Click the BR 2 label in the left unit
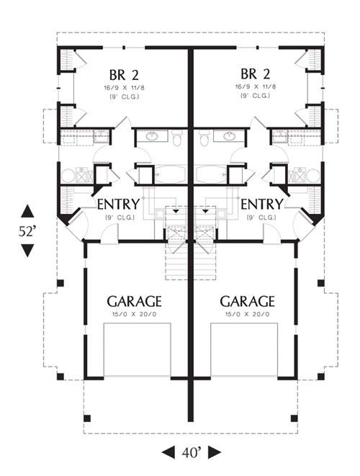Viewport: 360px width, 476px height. point(124,75)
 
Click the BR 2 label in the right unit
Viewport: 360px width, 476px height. point(256,73)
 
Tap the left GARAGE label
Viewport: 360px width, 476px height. point(134,302)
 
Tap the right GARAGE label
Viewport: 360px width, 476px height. point(247,302)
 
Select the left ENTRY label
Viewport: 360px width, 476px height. point(118,205)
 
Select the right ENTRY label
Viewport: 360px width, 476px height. point(262,205)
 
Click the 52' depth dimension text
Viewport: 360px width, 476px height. point(27,232)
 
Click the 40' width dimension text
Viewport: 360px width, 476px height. point(192,453)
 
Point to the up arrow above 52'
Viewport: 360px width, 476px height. point(27,211)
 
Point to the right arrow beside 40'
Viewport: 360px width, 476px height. point(215,452)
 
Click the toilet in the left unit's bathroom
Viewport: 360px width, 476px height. point(176,138)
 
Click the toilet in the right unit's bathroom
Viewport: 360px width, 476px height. point(205,138)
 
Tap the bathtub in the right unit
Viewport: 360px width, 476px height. point(211,174)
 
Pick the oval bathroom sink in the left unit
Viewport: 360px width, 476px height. point(152,136)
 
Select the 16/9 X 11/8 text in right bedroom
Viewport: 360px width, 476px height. point(256,87)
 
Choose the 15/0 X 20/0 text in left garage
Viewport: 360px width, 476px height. point(135,314)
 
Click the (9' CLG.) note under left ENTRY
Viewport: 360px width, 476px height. point(120,217)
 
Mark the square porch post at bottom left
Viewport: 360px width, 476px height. point(87,418)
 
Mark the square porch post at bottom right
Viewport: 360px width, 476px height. point(294,418)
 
